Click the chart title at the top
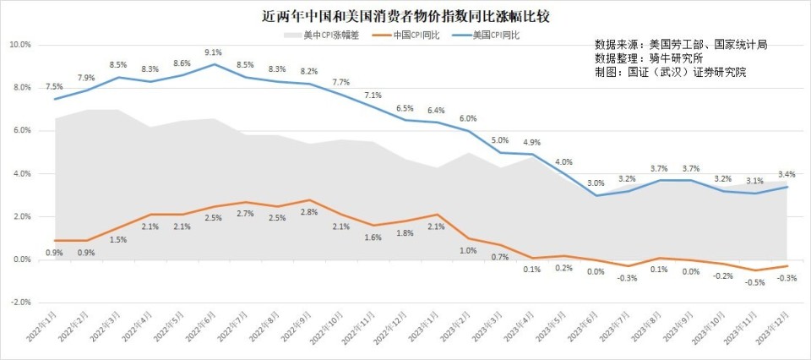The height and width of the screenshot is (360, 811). [x=405, y=16]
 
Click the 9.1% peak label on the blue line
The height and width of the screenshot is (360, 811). [x=214, y=52]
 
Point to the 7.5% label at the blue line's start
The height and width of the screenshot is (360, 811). [x=54, y=87]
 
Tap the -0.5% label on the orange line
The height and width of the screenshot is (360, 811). [x=754, y=282]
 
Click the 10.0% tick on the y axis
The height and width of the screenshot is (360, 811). [x=21, y=45]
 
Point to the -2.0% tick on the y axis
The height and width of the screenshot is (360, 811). [x=21, y=302]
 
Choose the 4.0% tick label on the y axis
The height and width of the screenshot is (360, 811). [x=23, y=174]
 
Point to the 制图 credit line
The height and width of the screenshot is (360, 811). [x=671, y=73]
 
